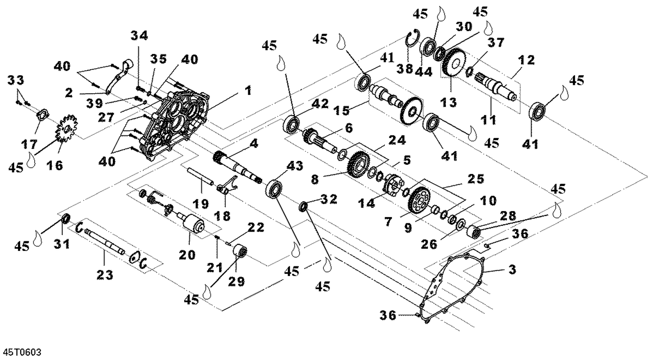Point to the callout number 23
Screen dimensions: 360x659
point(105,275)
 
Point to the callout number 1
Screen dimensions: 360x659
point(248,91)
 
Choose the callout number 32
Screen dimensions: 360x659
point(329,199)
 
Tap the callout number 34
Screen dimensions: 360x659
point(141,36)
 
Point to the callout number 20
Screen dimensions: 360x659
point(187,254)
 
